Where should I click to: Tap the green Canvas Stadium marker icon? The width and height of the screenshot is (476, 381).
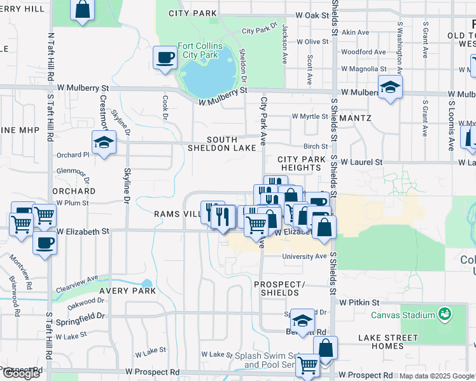(445, 314)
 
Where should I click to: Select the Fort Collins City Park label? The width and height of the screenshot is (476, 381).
(200, 50)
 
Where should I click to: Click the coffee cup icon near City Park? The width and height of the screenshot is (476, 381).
(165, 58)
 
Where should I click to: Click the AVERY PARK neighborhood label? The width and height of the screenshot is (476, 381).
(127, 291)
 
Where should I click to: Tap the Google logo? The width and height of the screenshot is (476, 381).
(20, 373)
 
